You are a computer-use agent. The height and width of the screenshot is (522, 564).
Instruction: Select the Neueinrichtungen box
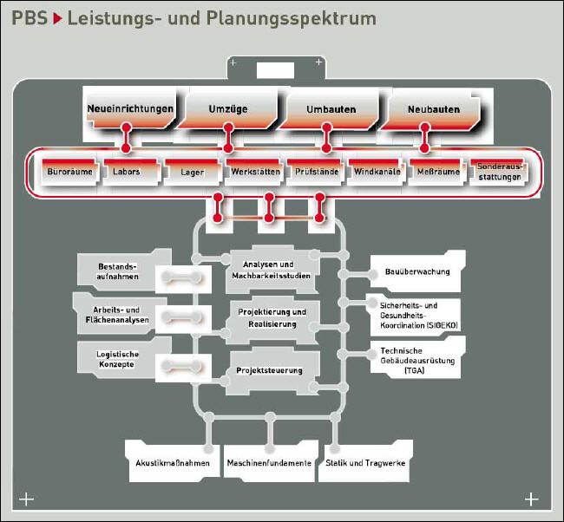[130, 109]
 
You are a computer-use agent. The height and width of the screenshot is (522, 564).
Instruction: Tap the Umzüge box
[228, 109]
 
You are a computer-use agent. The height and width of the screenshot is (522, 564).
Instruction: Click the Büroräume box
[69, 172]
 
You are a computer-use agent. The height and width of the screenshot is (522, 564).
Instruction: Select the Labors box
[127, 172]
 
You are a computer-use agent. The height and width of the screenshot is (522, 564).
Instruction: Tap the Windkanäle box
[377, 172]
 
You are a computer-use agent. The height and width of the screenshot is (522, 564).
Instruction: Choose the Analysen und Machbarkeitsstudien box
[270, 269]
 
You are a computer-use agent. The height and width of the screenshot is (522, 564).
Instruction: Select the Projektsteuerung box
[270, 370]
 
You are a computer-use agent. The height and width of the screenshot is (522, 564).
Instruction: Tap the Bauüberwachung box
[417, 271]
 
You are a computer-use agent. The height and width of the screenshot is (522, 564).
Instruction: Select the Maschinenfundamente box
[269, 463]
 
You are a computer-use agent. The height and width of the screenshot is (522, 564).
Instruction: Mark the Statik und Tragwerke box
[365, 463]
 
